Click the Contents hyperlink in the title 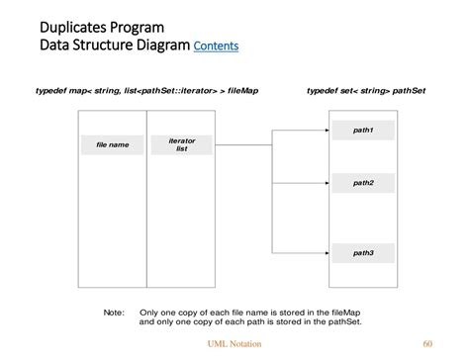point(216,45)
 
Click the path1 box point(363,131)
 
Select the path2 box point(363,182)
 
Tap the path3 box point(363,253)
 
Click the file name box point(112,145)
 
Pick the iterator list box point(181,145)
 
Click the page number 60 point(427,344)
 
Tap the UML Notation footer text point(234,344)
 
